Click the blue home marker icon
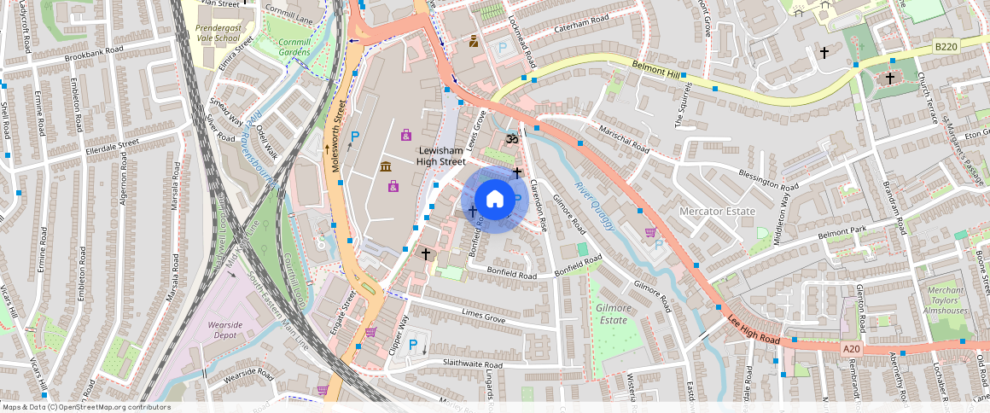494,201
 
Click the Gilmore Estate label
613,314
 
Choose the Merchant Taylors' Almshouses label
946,301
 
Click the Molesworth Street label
338,137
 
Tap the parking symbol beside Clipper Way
414,346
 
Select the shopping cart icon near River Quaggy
651,231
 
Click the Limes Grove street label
482,317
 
